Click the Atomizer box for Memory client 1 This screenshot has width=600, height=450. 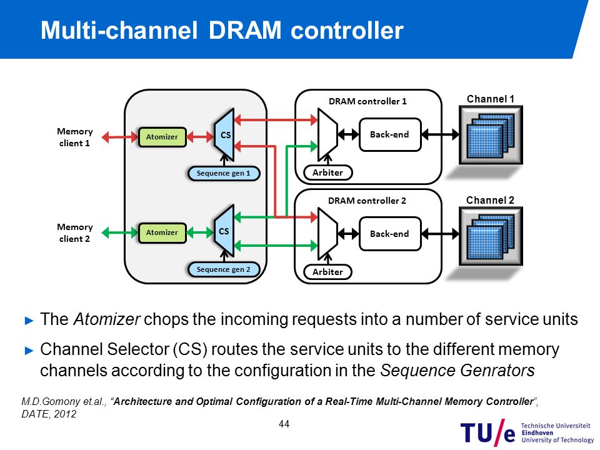162,137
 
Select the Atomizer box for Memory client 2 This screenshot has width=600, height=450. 162,232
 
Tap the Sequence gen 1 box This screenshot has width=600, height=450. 224,173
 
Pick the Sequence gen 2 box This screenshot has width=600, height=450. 224,269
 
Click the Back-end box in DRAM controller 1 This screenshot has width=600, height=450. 390,134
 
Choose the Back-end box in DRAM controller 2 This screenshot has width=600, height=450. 390,234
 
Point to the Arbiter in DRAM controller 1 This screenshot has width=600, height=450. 328,172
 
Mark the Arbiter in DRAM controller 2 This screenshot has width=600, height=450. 327,272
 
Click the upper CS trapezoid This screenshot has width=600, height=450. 224,135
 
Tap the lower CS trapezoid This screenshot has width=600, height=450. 224,231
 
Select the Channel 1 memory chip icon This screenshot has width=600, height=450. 491,135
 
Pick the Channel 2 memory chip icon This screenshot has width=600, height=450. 491,236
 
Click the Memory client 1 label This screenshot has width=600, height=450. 74,137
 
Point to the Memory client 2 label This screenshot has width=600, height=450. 74,233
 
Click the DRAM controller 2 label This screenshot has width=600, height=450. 367,201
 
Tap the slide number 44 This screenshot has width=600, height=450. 284,424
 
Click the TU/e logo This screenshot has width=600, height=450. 527,432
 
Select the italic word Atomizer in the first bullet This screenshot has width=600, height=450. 107,319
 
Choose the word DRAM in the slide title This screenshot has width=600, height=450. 245,30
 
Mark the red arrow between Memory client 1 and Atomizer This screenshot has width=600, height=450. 120,137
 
